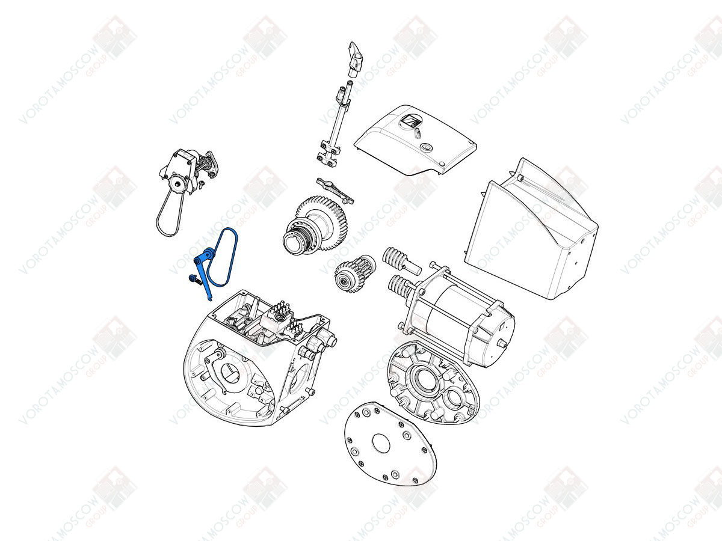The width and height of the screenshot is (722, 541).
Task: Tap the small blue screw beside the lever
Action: pyautogui.click(x=193, y=279)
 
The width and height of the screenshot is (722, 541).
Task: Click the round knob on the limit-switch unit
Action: pyautogui.click(x=179, y=185)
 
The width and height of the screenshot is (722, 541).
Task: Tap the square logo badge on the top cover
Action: pyautogui.click(x=410, y=123)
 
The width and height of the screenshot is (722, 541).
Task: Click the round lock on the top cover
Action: pyautogui.click(x=427, y=148)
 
